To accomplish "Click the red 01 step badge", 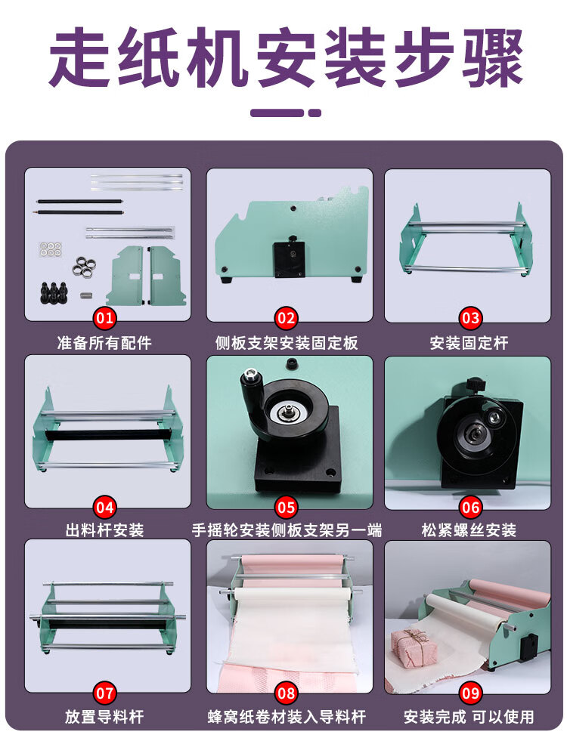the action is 104,318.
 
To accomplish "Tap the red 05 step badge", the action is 287,508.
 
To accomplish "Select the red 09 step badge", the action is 470,693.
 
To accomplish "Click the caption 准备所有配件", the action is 104,343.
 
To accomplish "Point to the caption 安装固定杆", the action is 469,343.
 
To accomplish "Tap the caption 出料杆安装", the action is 104,530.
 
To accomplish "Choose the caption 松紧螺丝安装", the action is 469,530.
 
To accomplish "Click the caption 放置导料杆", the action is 104,716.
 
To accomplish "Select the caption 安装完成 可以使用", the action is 469,716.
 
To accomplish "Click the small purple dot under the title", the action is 314,113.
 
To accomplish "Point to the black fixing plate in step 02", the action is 289,259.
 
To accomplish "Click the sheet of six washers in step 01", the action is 50,249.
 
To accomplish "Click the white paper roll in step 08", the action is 293,594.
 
